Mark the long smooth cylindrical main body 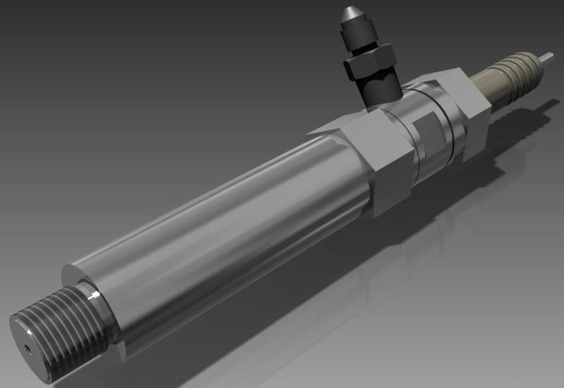coord(226,226)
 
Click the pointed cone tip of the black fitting coord(350,13)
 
